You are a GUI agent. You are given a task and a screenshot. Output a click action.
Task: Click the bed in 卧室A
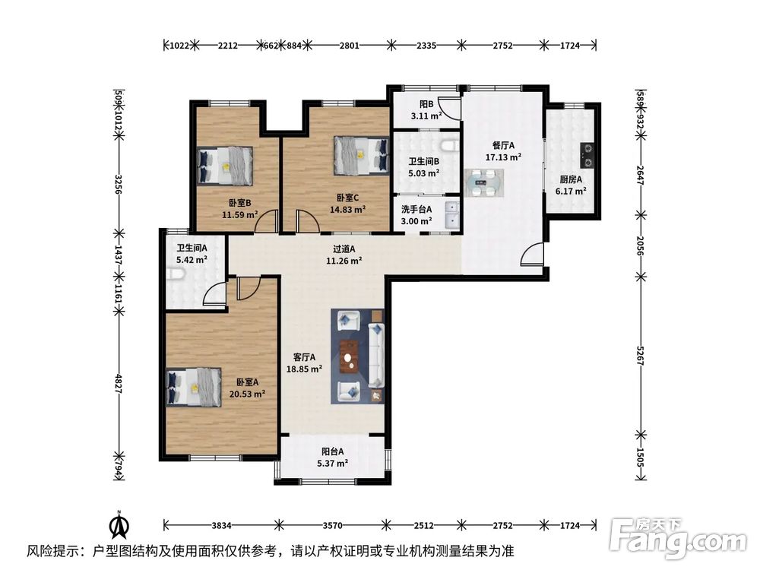(194, 387)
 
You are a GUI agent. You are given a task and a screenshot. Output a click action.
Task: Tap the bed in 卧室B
(226, 165)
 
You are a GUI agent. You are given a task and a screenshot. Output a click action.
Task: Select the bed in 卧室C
(362, 155)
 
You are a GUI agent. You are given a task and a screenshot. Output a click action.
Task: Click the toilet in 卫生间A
(176, 275)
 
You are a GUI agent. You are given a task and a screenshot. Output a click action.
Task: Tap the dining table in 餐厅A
(484, 182)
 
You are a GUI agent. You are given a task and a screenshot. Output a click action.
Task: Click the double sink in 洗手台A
(451, 215)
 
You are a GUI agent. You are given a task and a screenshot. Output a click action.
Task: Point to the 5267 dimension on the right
(641, 356)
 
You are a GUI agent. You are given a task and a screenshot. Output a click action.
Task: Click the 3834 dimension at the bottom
(221, 525)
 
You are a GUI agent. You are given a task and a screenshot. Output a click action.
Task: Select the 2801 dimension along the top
(349, 46)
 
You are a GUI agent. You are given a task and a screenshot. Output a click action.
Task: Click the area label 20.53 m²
(247, 394)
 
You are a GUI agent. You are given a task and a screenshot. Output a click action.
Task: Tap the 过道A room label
(344, 249)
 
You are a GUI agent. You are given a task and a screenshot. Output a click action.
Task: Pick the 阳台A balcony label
(333, 451)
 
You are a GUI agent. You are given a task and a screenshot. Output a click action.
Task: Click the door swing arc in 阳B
(448, 106)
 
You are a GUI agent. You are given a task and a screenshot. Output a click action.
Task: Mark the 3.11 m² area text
(426, 116)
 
